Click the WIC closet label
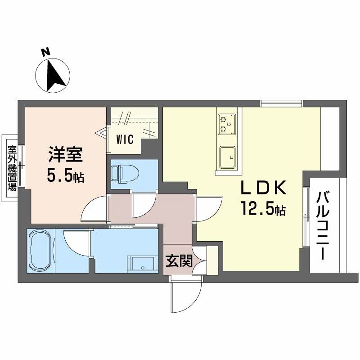click(x=125, y=139)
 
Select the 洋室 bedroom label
click(x=65, y=156)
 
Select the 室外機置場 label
click(x=11, y=167)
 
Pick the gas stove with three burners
click(x=226, y=124)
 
